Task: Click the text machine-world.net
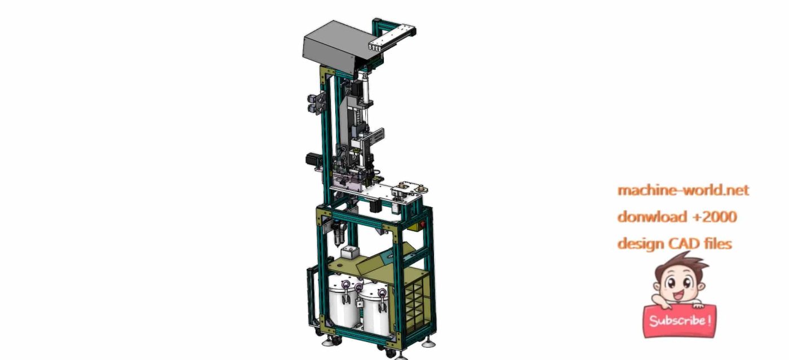[683, 190]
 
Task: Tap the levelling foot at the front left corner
[326, 341]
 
